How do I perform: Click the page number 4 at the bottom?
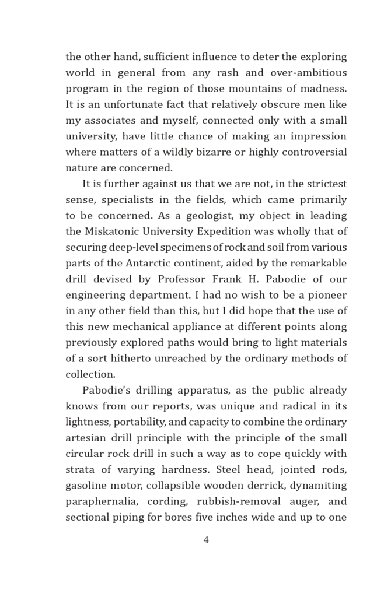(206, 540)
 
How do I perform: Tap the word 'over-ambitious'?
(309, 73)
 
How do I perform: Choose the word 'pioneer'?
(327, 295)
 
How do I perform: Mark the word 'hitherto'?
(131, 359)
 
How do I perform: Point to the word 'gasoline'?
(87, 486)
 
